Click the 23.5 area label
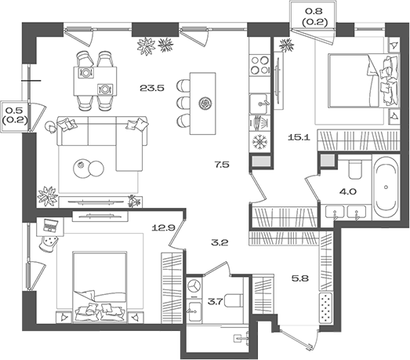(151, 88)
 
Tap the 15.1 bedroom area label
(299, 137)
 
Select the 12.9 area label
(163, 228)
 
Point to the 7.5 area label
(222, 165)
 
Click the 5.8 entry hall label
(300, 278)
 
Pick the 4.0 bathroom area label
(348, 192)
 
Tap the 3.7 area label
(215, 302)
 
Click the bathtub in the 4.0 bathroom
(386, 187)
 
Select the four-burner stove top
(259, 65)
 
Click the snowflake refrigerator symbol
(259, 142)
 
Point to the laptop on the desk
(51, 225)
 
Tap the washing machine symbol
(194, 286)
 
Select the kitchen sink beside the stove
(259, 104)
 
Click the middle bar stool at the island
(183, 103)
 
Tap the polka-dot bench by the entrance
(326, 308)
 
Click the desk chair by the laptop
(48, 243)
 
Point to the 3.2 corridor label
(220, 243)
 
